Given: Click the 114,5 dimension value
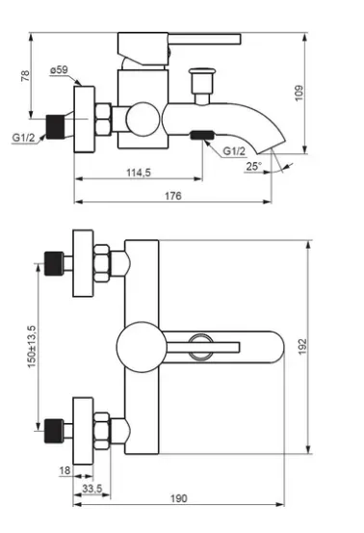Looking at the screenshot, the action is pos(139,173).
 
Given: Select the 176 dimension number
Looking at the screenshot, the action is pos(173,196).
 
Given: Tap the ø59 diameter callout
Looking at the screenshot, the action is pos(59,70).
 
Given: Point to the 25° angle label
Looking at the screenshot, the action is pos(254,166).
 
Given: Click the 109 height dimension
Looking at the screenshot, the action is pos(299,93).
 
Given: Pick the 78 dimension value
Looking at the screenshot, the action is pos(25,75).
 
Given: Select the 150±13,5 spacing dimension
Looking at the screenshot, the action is pos(31,346).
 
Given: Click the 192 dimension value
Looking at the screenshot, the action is pos(302,346).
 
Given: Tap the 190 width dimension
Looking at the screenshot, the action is pos(178,498).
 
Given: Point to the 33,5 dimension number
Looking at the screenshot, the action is pos(92,489).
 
